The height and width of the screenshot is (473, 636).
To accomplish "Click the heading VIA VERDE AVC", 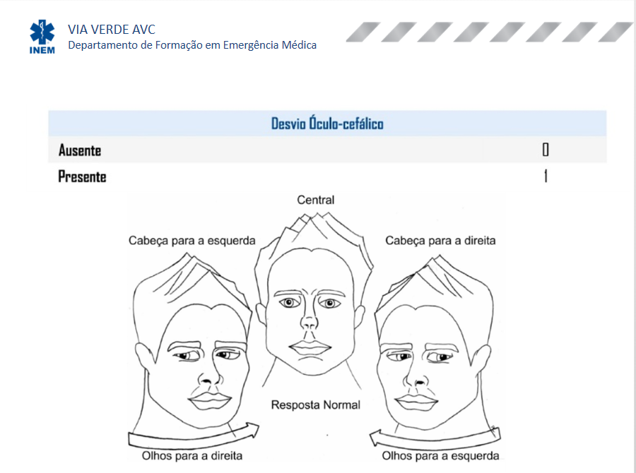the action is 112,30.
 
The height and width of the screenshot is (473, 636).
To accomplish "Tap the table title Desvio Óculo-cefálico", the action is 327,124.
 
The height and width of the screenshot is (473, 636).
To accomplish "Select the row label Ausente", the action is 80,150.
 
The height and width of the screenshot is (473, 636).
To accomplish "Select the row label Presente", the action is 83,176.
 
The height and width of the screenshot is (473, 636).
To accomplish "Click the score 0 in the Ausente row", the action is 546,150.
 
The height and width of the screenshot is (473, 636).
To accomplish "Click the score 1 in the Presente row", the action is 546,176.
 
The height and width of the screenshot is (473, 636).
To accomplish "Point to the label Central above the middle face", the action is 316,200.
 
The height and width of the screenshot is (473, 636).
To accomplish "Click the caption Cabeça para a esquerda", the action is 192,241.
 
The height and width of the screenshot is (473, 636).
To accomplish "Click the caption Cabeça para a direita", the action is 440,241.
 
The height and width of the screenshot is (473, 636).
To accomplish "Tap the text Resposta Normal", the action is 316,405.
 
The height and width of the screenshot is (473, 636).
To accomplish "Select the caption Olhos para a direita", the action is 192,456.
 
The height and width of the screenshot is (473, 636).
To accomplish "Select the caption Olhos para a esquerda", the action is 440,456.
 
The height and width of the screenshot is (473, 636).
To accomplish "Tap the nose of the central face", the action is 309,319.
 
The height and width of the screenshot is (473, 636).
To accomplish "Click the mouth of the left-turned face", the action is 209,400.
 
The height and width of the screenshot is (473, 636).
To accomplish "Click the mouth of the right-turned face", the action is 416,401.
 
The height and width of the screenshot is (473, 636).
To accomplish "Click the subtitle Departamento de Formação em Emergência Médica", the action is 192,45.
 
